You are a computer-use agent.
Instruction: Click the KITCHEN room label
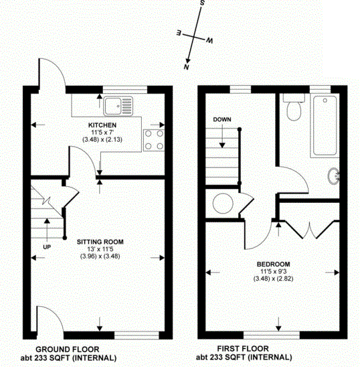(102, 125)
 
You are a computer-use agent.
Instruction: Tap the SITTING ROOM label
(100, 241)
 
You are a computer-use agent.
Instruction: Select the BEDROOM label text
(271, 264)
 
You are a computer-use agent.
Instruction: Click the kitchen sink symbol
(119, 104)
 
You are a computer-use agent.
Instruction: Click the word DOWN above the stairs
(222, 119)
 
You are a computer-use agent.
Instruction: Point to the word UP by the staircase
(46, 246)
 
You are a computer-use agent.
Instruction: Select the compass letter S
(202, 4)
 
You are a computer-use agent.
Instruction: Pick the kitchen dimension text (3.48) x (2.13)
(102, 139)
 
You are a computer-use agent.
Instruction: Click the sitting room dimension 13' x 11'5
(100, 249)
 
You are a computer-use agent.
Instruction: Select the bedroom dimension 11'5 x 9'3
(271, 272)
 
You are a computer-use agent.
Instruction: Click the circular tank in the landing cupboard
(221, 203)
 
